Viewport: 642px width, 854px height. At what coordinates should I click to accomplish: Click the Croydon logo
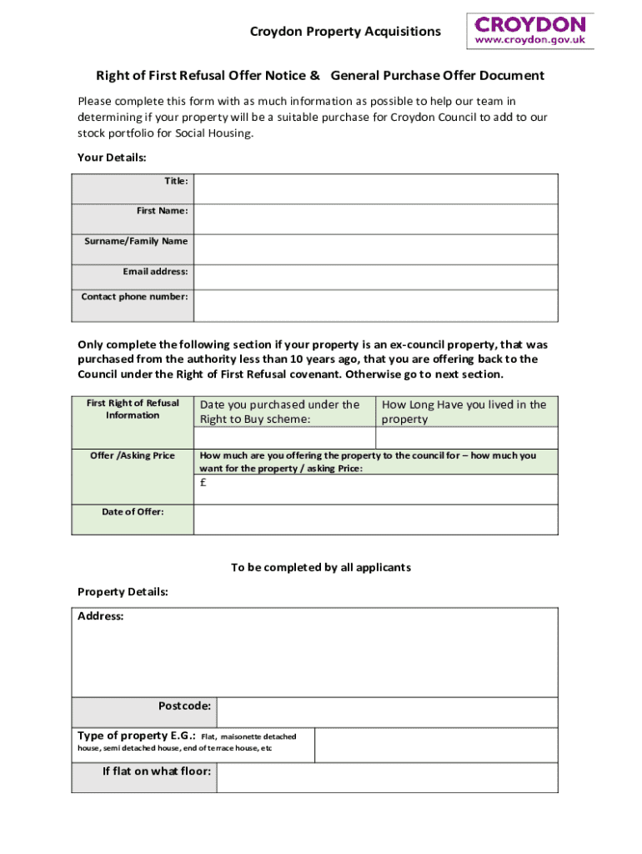(x=529, y=31)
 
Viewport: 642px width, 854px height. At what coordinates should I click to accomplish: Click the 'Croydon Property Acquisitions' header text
(x=345, y=32)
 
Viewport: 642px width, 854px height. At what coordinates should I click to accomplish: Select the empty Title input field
(x=375, y=188)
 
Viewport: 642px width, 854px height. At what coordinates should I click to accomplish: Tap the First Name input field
(x=375, y=219)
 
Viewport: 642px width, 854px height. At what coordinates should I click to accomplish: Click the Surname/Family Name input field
(x=375, y=249)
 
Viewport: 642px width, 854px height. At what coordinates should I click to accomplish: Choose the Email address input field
(x=375, y=277)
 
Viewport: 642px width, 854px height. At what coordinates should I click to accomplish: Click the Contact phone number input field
(x=375, y=305)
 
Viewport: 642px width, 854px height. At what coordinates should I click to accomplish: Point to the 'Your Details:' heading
(x=112, y=158)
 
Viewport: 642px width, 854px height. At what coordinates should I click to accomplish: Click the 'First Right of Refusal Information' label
(x=133, y=409)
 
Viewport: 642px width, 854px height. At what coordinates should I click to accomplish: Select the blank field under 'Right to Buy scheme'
(x=284, y=439)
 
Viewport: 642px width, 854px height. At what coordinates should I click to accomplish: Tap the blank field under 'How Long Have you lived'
(x=467, y=439)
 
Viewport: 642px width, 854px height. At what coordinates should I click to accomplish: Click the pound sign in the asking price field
(x=203, y=482)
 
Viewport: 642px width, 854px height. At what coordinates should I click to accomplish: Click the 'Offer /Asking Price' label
(x=133, y=456)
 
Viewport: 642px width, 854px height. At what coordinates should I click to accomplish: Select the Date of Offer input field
(x=375, y=519)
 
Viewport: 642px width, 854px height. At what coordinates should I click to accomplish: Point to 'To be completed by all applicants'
(x=321, y=568)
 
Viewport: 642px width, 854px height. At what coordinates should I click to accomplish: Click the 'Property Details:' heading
(x=123, y=592)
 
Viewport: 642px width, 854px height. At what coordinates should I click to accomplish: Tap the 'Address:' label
(x=101, y=616)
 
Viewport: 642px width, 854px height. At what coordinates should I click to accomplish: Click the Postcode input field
(x=387, y=712)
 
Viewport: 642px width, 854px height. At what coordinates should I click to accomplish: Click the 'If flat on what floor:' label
(x=156, y=771)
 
